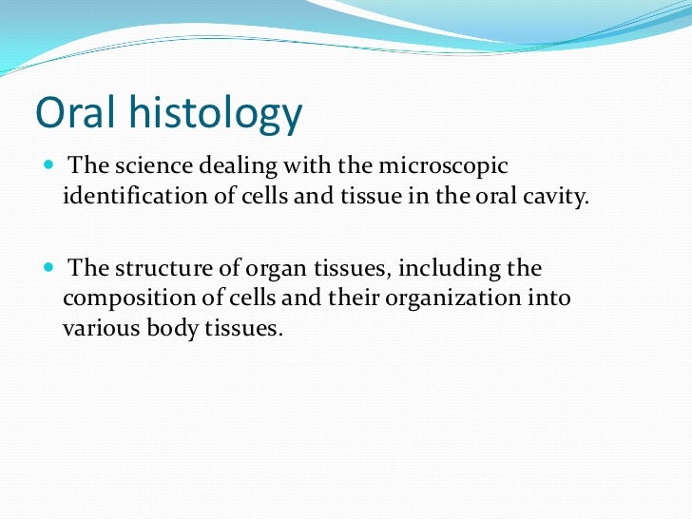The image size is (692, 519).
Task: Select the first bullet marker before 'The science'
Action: coord(49,165)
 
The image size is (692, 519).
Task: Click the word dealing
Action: coord(233,166)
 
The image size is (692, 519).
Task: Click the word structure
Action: coord(158,268)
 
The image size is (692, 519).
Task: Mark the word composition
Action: coord(125,299)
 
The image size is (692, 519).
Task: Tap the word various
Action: coord(98,330)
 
